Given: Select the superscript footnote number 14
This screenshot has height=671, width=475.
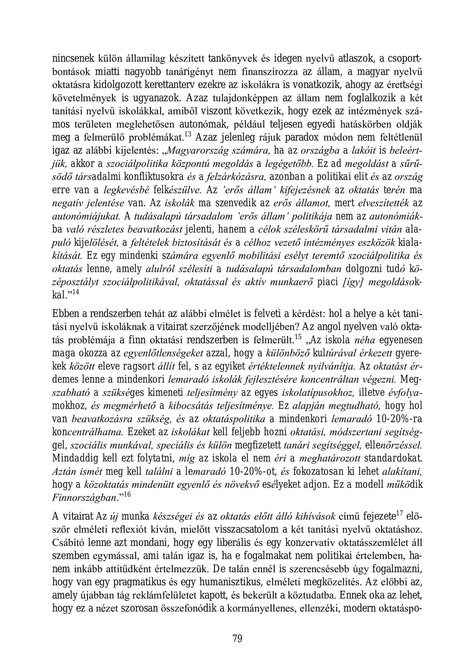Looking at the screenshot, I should (x=76, y=292).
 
